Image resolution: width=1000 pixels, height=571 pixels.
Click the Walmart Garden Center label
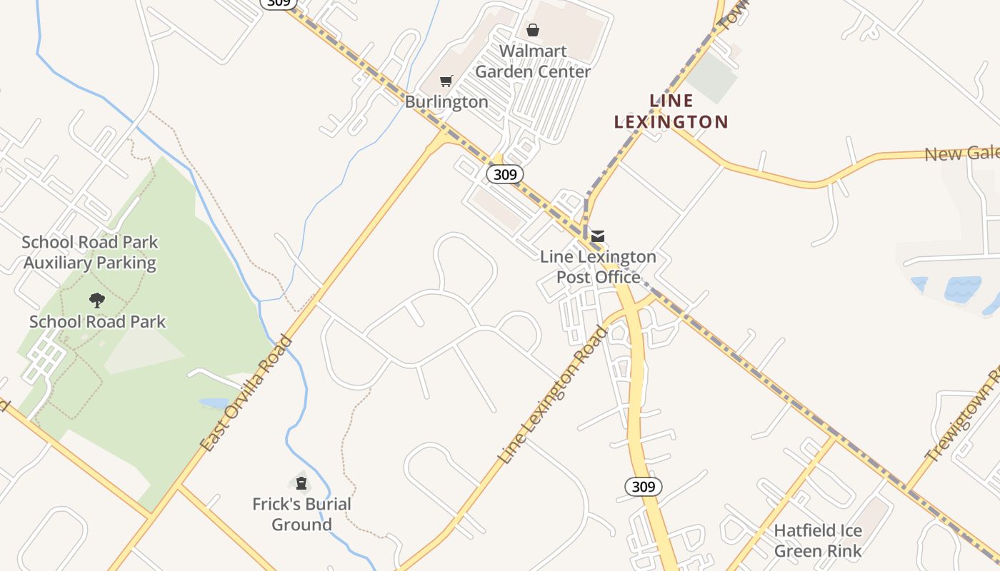coord(533,61)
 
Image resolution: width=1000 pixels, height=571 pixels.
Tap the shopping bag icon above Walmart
coord(533,30)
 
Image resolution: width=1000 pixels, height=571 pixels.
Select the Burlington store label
coord(446,101)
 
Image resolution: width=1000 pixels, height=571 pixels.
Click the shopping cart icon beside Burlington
coord(446,81)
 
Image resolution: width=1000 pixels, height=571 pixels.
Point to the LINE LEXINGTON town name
coord(671,111)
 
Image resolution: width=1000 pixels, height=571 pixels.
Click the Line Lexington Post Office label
coord(598,266)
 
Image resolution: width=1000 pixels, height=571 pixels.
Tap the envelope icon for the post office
coord(598,236)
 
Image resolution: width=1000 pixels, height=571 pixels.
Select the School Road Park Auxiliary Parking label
coord(90,253)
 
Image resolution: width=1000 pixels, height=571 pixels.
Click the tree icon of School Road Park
coord(97,300)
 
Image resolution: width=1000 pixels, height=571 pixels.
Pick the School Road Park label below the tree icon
coord(97,321)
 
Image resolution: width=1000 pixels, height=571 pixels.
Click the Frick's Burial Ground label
coord(301,514)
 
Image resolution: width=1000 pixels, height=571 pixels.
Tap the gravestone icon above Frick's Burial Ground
coord(301,484)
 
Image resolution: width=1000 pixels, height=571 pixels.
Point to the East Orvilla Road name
coord(247,393)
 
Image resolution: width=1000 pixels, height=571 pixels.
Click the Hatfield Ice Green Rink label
coord(818,540)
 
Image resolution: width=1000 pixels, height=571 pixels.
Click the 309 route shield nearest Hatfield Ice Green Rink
coord(643,487)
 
